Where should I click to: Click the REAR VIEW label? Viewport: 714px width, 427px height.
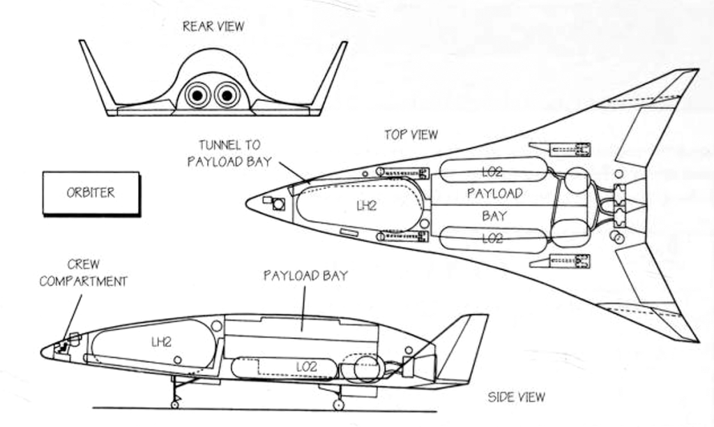point(213,27)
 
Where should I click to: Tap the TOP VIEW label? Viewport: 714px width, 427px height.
point(411,135)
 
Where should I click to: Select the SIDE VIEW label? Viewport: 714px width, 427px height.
point(516,397)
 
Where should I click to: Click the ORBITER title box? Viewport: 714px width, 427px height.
point(91,193)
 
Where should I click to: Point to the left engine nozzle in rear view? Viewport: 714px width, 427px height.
point(197,94)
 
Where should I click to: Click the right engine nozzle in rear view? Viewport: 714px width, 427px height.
point(227,94)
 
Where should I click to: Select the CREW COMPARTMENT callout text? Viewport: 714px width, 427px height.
point(83,273)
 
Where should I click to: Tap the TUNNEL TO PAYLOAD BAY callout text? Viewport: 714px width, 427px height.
point(229,153)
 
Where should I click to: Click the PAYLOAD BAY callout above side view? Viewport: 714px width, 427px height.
point(305,276)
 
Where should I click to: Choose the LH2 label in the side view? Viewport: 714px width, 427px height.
point(161,341)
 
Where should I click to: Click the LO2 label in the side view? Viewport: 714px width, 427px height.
point(306,366)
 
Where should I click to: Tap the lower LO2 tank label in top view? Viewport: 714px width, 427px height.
point(492,238)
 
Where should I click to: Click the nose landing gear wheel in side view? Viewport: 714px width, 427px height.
point(174,404)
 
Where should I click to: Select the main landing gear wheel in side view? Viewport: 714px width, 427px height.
point(338,404)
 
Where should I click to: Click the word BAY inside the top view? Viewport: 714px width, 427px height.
point(494,216)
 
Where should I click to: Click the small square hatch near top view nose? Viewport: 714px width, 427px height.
point(278,204)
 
